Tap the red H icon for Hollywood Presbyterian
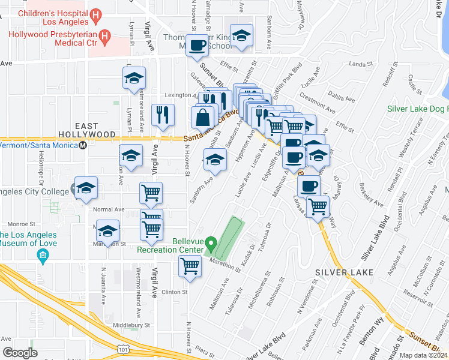(x=105, y=38)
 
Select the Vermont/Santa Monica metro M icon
(x=83, y=145)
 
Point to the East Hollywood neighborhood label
(x=88, y=134)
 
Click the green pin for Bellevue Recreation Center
(x=211, y=244)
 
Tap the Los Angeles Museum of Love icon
(x=43, y=257)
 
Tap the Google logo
(x=20, y=353)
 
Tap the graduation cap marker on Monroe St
(x=108, y=230)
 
